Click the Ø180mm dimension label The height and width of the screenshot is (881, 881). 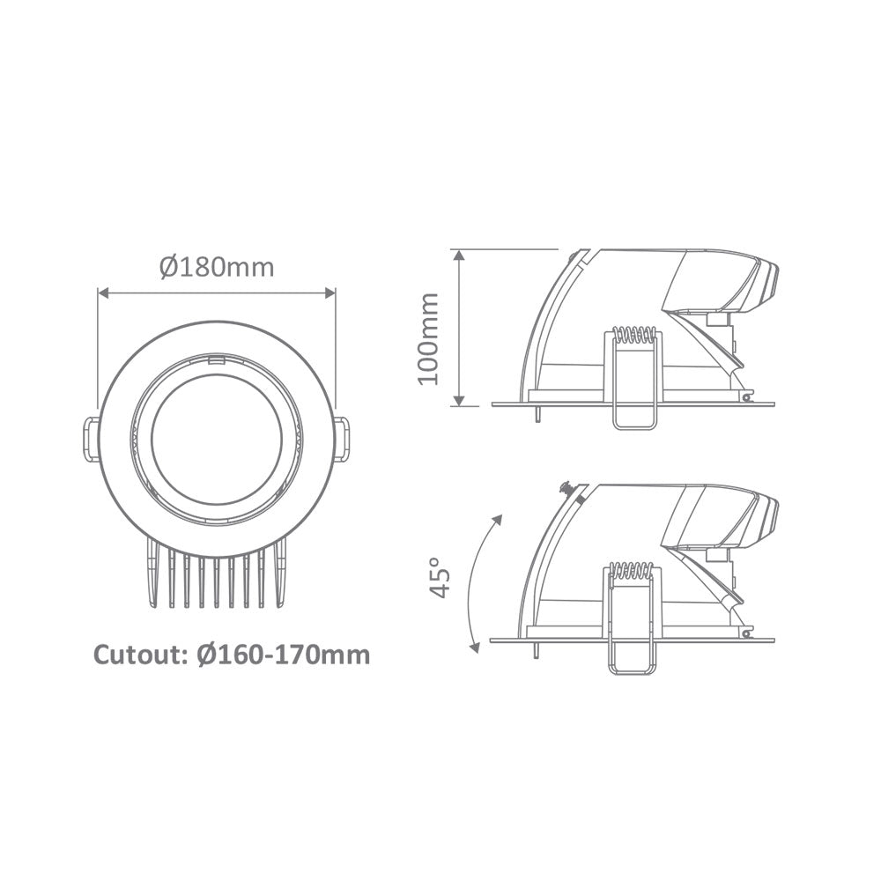217,267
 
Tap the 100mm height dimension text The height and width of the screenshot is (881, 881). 429,339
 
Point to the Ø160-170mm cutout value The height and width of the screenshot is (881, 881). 284,655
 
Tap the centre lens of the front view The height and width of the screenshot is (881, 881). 217,439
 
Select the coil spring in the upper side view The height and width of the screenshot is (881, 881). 633,336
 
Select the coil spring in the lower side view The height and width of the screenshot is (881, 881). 633,571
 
